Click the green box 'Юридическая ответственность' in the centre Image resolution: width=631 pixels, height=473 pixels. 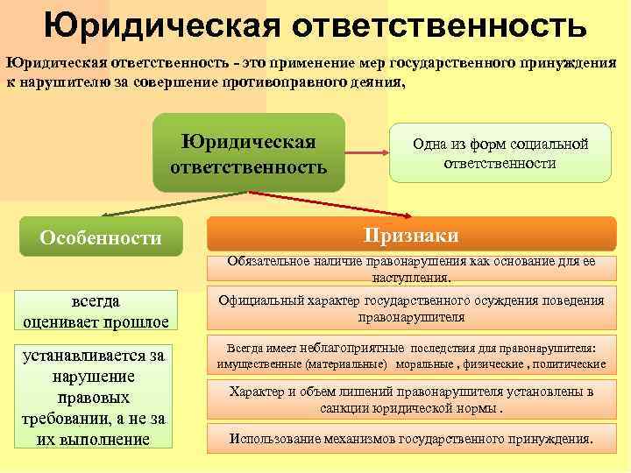tap(248, 153)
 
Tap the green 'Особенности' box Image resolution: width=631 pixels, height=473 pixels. tap(101, 236)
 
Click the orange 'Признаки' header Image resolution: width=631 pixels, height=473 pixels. tap(411, 236)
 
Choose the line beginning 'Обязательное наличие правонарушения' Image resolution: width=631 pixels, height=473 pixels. tap(411, 269)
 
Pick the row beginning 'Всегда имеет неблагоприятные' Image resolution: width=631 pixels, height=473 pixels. tap(411, 355)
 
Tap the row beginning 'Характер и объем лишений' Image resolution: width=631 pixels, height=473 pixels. tap(411, 399)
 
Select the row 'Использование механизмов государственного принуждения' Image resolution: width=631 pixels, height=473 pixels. tap(411, 438)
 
